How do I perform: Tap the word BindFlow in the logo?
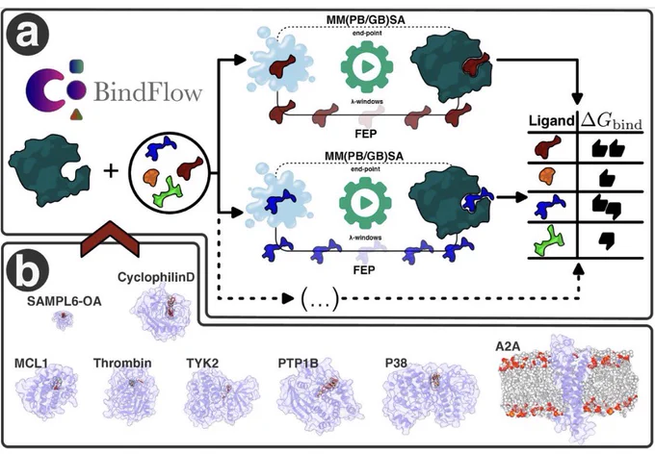(148, 91)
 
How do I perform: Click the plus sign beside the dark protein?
(111, 170)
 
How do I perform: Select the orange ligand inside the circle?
(151, 177)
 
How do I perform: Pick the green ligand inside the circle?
(168, 191)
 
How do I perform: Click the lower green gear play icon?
(365, 203)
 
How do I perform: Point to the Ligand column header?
(551, 121)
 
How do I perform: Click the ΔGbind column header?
(612, 121)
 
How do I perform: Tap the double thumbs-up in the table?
(608, 149)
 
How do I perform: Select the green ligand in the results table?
(549, 240)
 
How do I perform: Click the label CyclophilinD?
(156, 277)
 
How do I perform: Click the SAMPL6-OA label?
(65, 301)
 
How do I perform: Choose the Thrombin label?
(122, 363)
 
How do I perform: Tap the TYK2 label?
(202, 363)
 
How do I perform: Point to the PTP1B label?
(298, 363)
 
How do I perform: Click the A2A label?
(508, 347)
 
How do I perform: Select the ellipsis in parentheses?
(320, 299)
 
